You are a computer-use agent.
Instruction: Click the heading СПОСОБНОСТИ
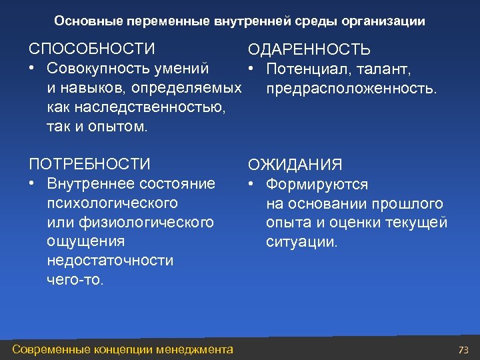[x=91, y=49]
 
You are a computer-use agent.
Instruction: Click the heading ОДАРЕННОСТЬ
[x=309, y=51]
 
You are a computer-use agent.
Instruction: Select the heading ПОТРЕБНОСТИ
[x=89, y=164]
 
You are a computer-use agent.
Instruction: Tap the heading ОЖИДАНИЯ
[x=295, y=165]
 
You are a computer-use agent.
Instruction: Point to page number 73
[x=464, y=350]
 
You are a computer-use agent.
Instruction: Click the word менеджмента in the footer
[x=197, y=349]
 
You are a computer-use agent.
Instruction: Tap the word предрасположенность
[x=351, y=89]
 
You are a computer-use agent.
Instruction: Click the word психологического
[x=113, y=202]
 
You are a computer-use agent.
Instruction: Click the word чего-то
[x=75, y=279]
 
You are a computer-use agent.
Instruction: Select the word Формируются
[x=317, y=184]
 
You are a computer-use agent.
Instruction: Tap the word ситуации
[x=302, y=242]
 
